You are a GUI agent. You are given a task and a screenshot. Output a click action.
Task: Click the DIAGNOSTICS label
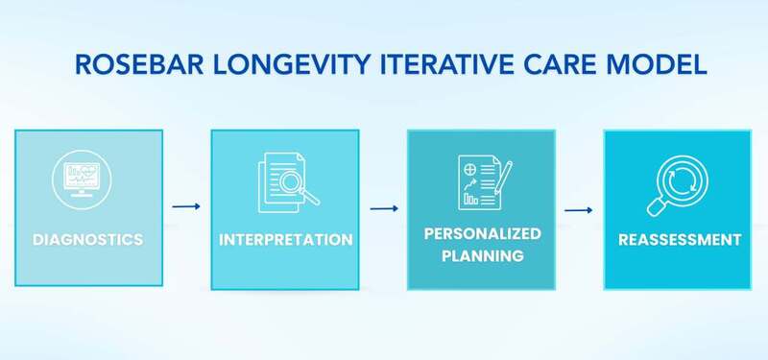[88, 239]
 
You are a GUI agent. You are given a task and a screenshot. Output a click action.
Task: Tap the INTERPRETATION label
[284, 239]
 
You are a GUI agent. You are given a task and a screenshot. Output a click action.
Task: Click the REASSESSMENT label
[677, 239]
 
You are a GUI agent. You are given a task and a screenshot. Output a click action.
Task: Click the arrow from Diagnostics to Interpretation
[186, 205]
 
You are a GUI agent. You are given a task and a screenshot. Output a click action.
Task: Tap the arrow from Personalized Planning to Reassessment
[578, 209]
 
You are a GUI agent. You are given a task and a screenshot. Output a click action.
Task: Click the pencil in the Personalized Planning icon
[504, 177]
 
